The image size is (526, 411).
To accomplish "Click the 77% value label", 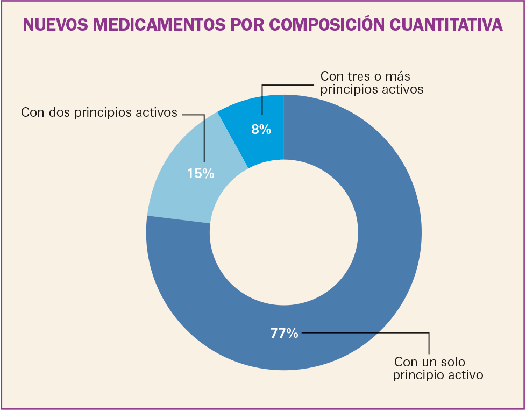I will click(284, 334).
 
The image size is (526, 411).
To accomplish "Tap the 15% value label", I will click(201, 173).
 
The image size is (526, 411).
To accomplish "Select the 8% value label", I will click(261, 129).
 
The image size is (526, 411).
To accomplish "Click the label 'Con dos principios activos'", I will click(99, 112).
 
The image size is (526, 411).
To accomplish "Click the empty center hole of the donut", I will click(284, 232).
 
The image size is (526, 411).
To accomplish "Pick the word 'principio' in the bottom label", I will click(419, 374).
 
